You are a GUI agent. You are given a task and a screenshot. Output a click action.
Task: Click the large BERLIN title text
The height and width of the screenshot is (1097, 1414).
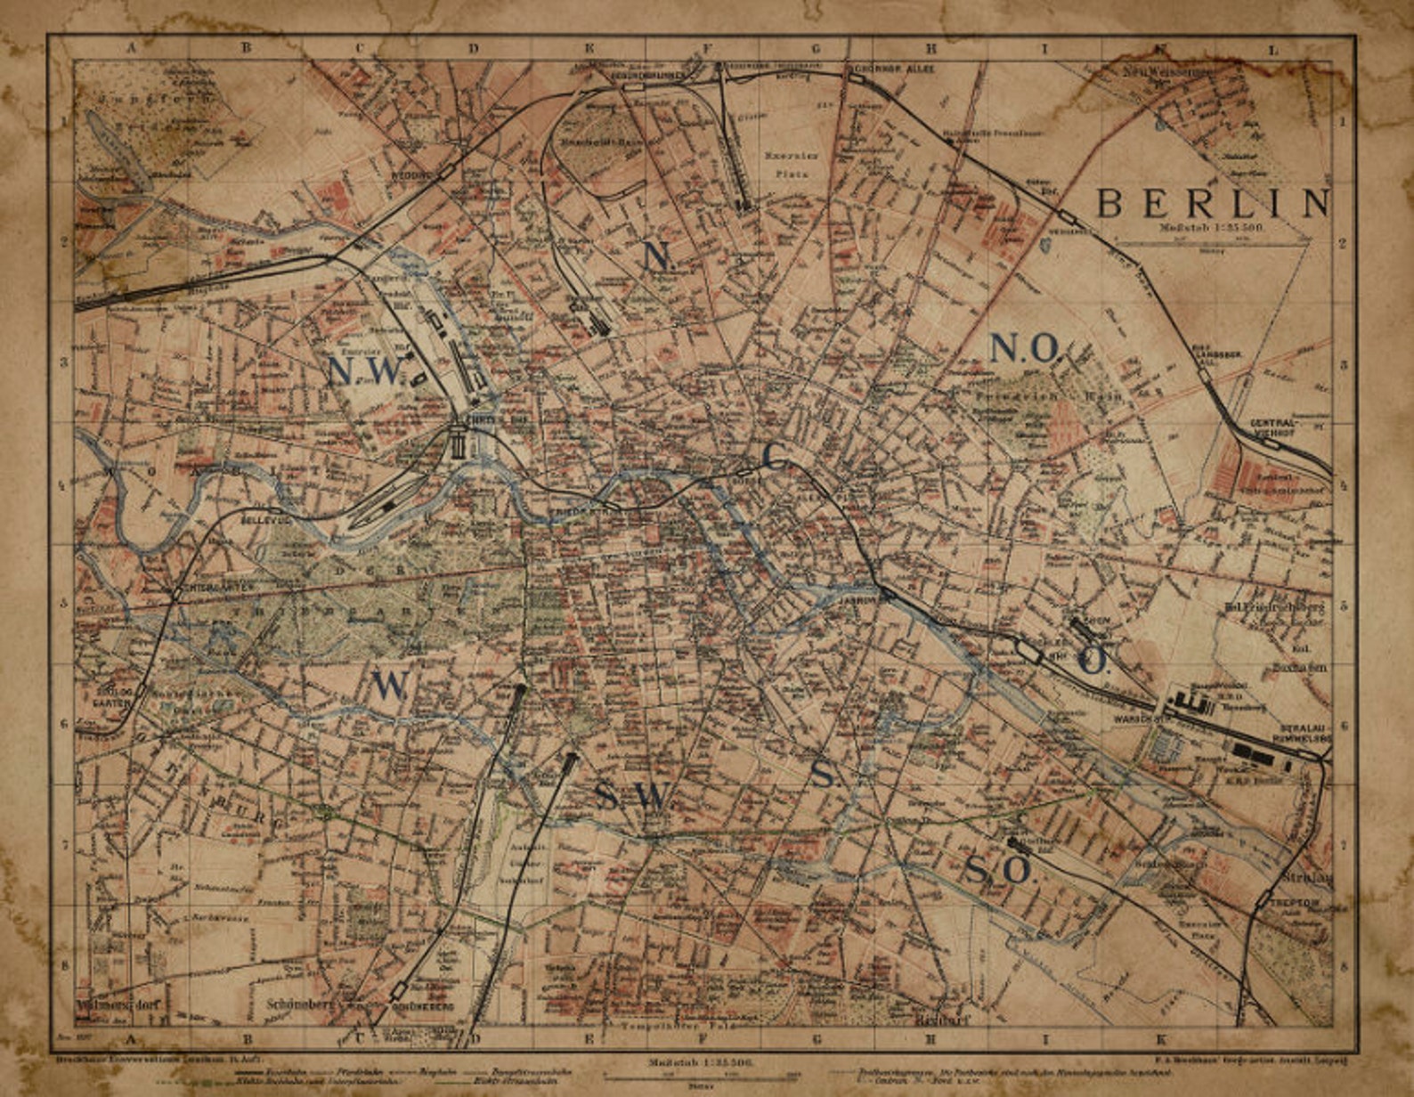1212,204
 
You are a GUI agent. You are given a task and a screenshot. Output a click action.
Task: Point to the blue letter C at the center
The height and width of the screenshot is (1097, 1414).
775,458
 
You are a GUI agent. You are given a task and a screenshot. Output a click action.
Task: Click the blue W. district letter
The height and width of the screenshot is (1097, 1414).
390,686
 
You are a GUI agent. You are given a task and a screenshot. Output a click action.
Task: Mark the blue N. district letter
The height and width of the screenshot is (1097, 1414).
656,256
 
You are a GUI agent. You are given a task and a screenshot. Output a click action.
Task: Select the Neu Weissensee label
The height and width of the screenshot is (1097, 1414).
1165,69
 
